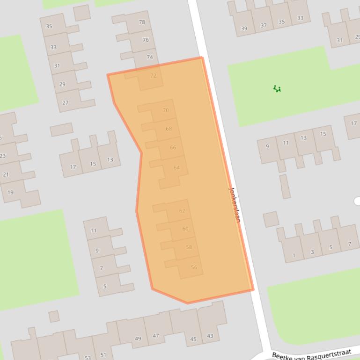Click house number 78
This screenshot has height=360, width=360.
142,22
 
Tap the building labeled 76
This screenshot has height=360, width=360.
146,40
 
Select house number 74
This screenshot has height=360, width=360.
150,57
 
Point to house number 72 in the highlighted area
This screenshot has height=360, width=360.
153,75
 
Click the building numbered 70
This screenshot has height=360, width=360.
166,110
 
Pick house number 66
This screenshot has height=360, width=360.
173,147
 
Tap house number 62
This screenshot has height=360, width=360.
182,211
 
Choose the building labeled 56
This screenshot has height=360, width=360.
194,267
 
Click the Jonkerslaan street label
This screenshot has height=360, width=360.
234,204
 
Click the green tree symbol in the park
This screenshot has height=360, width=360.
277,88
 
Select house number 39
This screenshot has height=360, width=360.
244,29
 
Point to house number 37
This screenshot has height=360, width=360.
264,25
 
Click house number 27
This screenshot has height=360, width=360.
65,102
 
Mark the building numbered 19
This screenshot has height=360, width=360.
10,192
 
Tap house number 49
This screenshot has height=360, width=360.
138,338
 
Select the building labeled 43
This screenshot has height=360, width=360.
210,336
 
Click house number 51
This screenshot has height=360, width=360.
103,355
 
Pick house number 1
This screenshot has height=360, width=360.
294,255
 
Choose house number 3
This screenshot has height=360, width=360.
312,252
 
